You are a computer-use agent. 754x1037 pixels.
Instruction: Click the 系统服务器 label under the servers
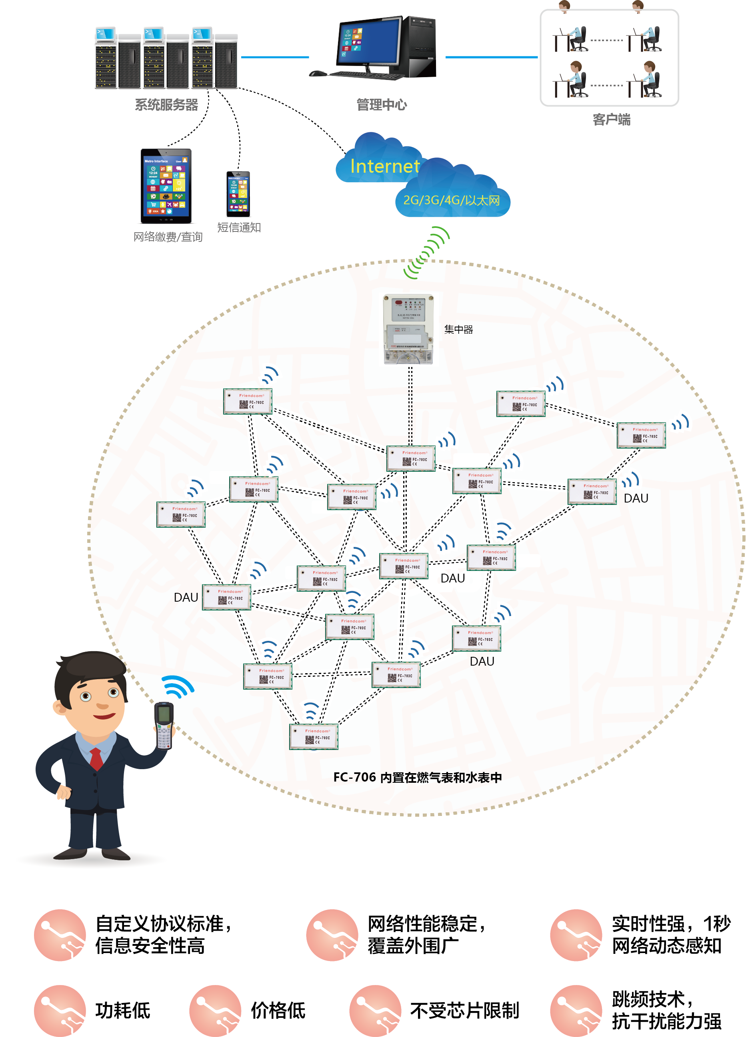click(166, 105)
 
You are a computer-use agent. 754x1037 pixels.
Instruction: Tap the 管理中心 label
click(381, 105)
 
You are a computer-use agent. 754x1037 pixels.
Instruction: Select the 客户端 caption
click(611, 120)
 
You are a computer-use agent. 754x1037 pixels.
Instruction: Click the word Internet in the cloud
click(384, 166)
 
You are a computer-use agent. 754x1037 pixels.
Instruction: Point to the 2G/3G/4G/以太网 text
click(451, 200)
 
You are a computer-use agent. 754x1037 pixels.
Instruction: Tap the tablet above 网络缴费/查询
click(166, 186)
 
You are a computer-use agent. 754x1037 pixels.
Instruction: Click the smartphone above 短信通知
click(238, 194)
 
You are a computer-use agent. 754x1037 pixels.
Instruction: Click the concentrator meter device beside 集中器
click(408, 329)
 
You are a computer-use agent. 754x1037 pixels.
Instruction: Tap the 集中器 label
click(458, 329)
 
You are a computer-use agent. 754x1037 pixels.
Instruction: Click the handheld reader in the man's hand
click(164, 725)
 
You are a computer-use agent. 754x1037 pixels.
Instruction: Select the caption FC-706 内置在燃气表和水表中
click(417, 777)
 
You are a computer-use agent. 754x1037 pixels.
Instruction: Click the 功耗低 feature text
click(123, 1011)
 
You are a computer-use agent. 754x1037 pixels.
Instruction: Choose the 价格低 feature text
click(278, 1011)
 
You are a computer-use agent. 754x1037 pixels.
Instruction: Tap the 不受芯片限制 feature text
click(464, 1011)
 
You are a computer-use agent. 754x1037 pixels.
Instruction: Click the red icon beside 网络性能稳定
click(332, 935)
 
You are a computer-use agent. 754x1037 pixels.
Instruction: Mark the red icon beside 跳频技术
click(576, 1011)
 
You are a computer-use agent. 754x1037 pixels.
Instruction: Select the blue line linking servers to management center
click(275, 57)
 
